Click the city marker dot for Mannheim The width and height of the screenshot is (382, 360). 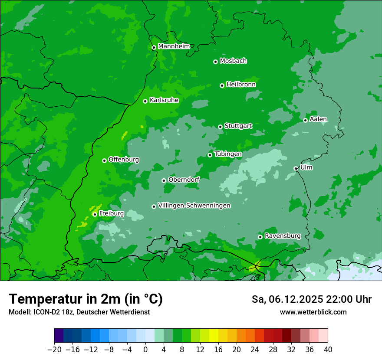pyautogui.click(x=154, y=48)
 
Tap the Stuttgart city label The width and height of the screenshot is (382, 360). pyautogui.click(x=238, y=126)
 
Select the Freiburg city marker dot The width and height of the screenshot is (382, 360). pyautogui.click(x=95, y=214)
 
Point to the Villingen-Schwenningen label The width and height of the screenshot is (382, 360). pyautogui.click(x=194, y=206)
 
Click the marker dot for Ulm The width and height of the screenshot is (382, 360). pyautogui.click(x=296, y=168)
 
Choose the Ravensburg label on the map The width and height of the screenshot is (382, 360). pyautogui.click(x=282, y=236)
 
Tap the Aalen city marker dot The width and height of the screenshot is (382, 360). pyautogui.click(x=306, y=120)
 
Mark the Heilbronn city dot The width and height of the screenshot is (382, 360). pyautogui.click(x=222, y=85)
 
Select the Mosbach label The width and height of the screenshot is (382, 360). pyautogui.click(x=233, y=61)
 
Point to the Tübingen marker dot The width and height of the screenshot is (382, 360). pyautogui.click(x=210, y=155)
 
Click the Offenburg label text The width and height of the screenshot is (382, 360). pyautogui.click(x=124, y=160)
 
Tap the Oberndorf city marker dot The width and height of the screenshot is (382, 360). pyautogui.click(x=164, y=180)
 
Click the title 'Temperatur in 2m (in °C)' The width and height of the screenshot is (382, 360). pyautogui.click(x=86, y=299)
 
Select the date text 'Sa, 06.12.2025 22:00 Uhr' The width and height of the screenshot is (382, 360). pyautogui.click(x=311, y=299)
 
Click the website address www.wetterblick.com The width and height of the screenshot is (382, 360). pyautogui.click(x=313, y=312)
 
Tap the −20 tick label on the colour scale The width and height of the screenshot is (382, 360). pyautogui.click(x=54, y=350)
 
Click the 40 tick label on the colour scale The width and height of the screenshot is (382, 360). pyautogui.click(x=328, y=350)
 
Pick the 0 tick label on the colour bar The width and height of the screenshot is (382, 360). pyautogui.click(x=145, y=350)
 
